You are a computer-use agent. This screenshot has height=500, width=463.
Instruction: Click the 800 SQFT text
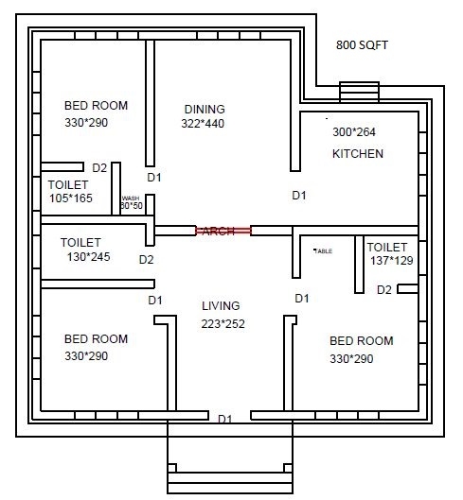click(363, 44)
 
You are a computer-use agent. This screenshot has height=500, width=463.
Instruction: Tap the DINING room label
click(205, 108)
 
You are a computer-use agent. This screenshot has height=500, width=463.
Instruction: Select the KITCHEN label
click(357, 153)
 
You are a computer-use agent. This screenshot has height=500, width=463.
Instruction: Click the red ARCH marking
click(223, 231)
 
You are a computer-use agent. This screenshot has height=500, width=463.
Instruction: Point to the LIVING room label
click(221, 305)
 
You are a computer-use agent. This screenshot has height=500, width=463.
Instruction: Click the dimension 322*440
click(204, 123)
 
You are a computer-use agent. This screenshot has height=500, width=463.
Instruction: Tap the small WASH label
click(130, 198)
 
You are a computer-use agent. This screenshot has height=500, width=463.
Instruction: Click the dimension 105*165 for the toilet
click(71, 198)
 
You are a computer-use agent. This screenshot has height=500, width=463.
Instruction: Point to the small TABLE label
click(323, 250)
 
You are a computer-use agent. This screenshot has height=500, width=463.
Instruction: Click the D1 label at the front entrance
click(225, 419)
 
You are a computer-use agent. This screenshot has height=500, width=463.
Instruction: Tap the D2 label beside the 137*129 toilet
click(383, 290)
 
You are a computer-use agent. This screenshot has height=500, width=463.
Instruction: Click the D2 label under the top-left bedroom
click(99, 167)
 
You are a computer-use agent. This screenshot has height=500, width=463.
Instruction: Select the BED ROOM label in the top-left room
click(96, 105)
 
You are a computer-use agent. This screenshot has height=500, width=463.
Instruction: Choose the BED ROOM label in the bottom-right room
click(361, 339)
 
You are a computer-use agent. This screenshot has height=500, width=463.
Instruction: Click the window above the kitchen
click(359, 92)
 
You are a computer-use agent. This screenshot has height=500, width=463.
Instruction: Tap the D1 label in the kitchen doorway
click(298, 196)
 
